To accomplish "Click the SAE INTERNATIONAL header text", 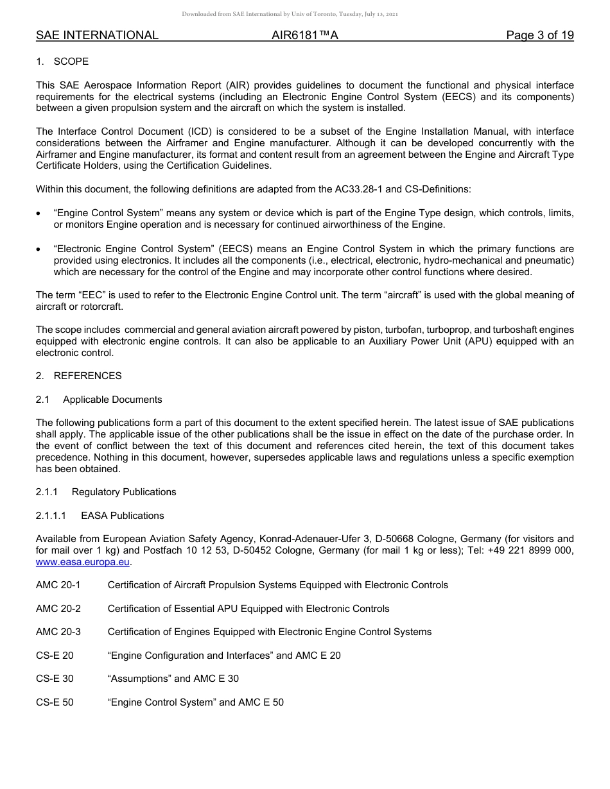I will coord(97,35).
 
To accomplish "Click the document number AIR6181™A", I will coord(305,35).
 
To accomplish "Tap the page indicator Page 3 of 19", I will coord(539,35).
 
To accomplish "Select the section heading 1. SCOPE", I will coord(62,62).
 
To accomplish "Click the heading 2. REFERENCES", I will coord(78,376).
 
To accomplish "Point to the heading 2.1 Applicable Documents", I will coord(99,400).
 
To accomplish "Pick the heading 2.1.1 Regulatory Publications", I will coord(106,492).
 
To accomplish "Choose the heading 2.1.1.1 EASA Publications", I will coord(100,516).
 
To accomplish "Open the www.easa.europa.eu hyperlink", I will coord(83,563).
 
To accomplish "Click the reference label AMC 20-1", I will coord(58,585).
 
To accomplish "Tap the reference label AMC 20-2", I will coord(58,608).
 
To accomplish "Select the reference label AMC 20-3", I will coord(58,632).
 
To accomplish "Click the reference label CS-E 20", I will coord(55,656).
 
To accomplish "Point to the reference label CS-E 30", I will coord(55,679).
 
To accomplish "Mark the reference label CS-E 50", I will coord(55,702).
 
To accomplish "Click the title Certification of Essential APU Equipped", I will coord(248,608).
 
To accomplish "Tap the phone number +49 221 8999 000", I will coord(530,551).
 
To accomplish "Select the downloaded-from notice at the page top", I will coord(290,14).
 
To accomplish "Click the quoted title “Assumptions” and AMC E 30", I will coord(173,679).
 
